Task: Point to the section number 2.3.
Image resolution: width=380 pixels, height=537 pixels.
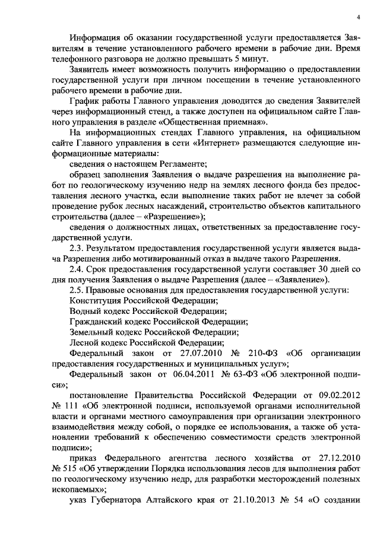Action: (78, 248)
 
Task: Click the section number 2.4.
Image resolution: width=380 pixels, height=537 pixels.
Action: (78, 270)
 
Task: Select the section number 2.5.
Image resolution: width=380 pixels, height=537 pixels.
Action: (78, 290)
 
